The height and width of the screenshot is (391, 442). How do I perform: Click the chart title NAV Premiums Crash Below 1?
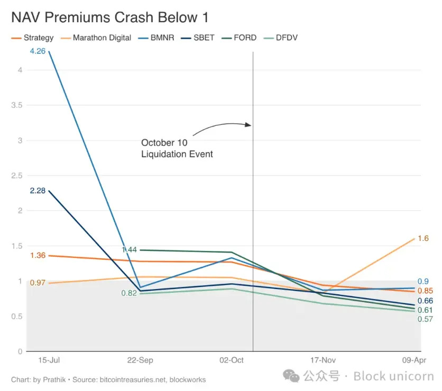tap(110, 17)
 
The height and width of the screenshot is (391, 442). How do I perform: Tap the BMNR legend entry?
tap(160, 38)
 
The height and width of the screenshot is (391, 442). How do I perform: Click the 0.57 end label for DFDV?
tap(425, 319)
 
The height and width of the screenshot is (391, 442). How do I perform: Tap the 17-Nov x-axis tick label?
tap(323, 360)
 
